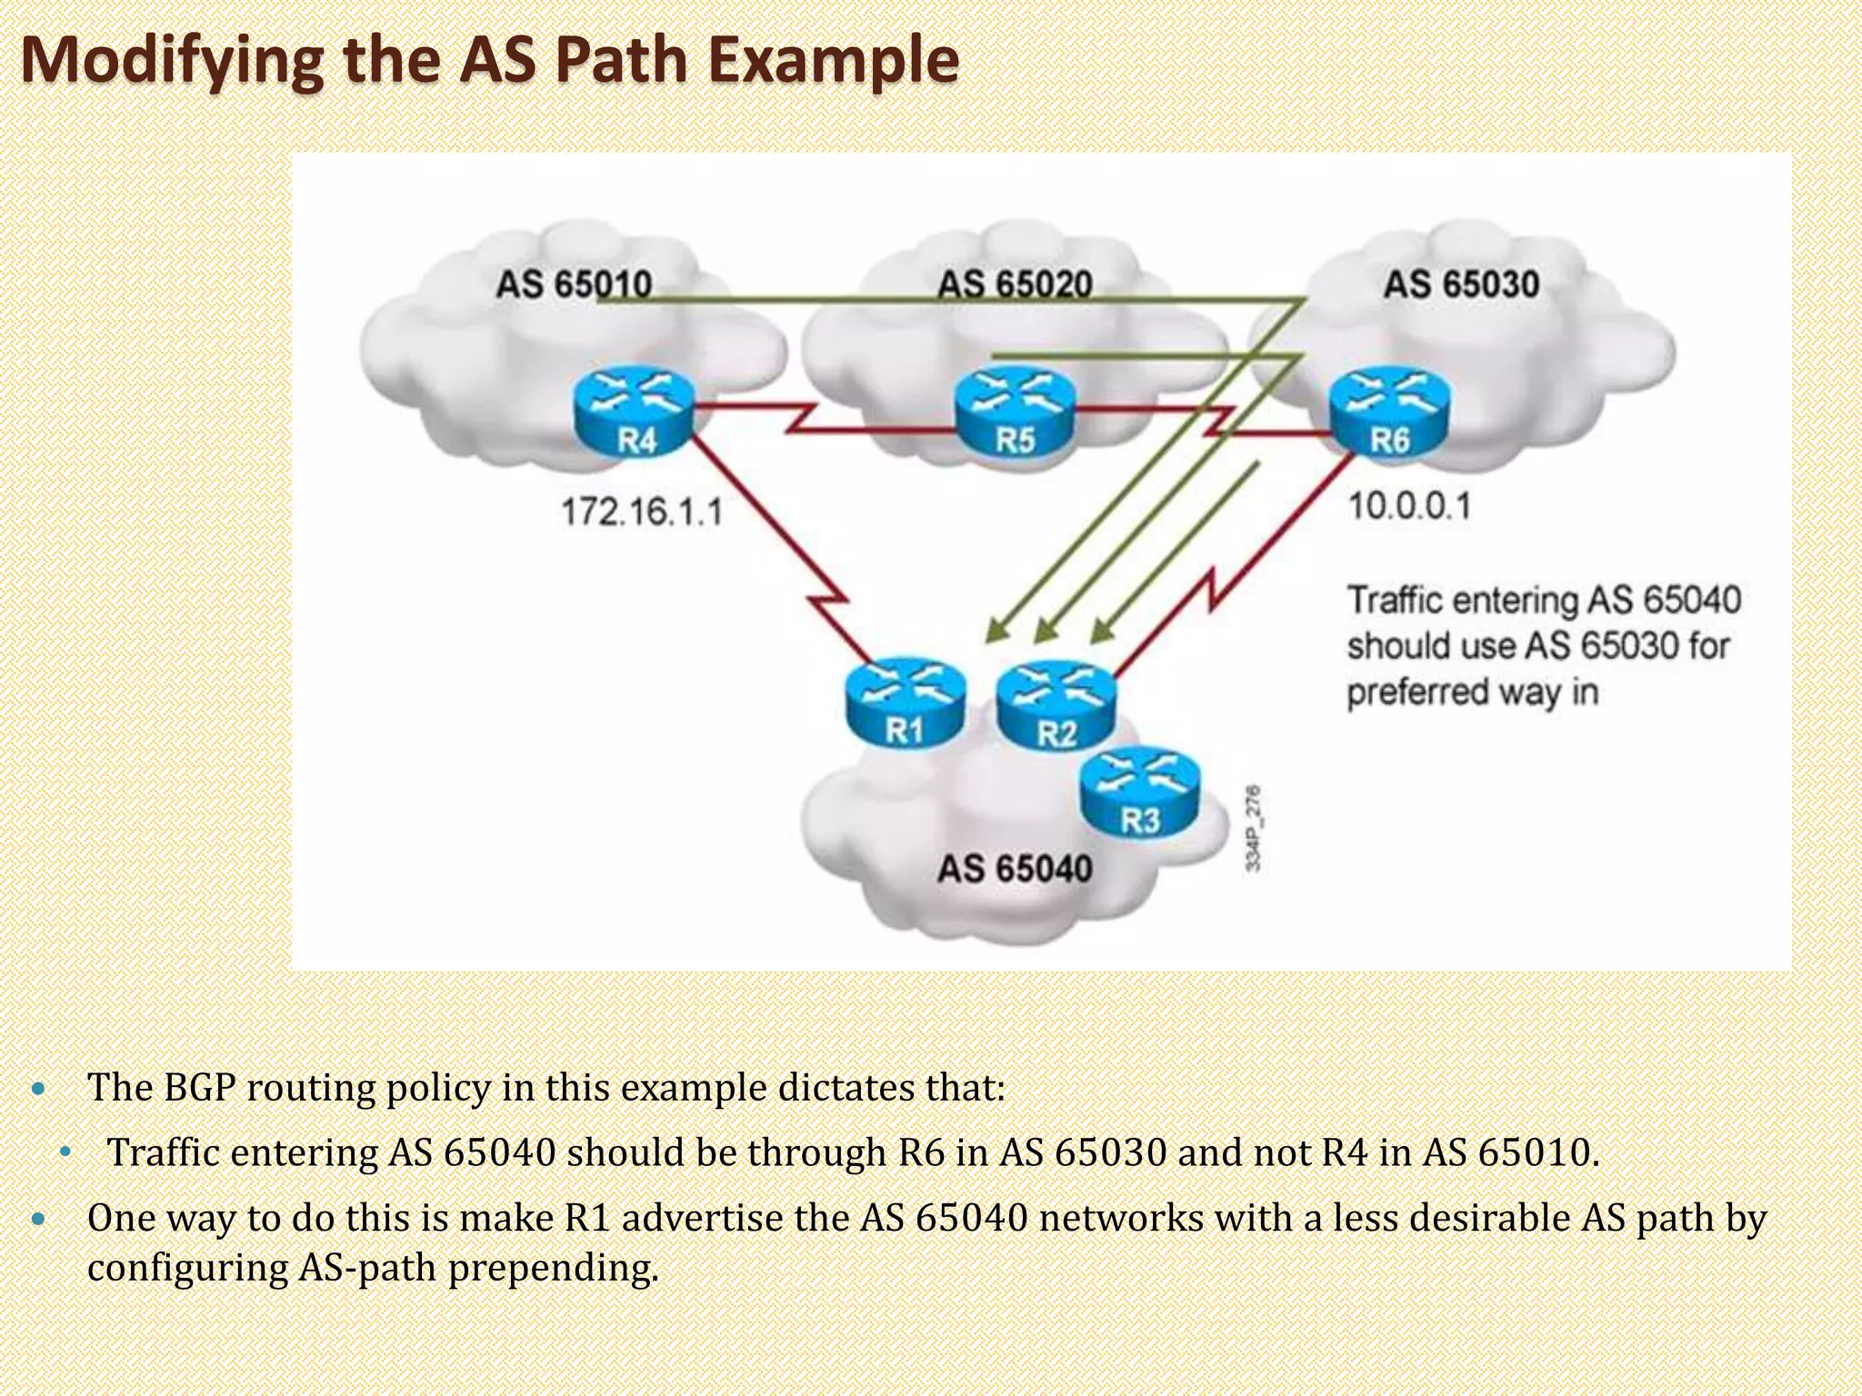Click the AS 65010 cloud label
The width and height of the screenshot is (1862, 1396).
click(x=574, y=284)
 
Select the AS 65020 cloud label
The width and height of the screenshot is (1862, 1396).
click(x=1015, y=284)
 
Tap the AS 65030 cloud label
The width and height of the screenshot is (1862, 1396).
click(x=1461, y=284)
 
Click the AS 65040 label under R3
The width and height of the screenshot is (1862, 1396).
click(x=1015, y=869)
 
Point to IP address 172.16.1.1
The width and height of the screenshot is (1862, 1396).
click(x=642, y=512)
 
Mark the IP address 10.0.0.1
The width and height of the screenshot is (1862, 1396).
click(x=1408, y=506)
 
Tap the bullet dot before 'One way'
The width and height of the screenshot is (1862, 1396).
click(x=37, y=1219)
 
